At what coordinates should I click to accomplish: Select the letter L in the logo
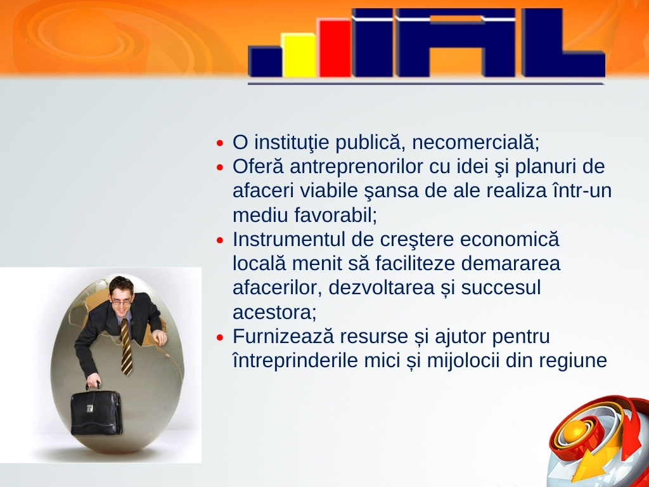click(x=563, y=42)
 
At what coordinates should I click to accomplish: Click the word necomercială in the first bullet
click(x=475, y=143)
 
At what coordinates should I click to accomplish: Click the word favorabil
click(x=336, y=215)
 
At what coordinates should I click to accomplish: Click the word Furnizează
click(x=283, y=336)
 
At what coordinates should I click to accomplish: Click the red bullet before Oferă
click(x=220, y=167)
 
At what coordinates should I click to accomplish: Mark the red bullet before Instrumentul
click(x=220, y=240)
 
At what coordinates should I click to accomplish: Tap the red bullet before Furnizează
click(x=220, y=337)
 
